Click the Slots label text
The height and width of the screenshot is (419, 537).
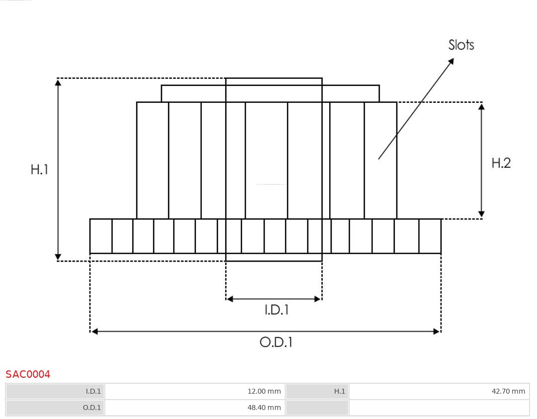(x=461, y=45)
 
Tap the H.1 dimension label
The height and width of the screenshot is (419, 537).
(x=39, y=169)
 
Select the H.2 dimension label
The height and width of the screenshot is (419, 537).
(x=501, y=163)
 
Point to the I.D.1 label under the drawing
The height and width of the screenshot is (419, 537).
(x=276, y=310)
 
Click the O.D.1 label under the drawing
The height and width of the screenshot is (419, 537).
(x=276, y=342)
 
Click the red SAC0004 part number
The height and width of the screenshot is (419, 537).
(x=28, y=374)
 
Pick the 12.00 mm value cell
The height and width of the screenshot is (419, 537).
(x=264, y=391)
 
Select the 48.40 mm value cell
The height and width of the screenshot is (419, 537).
(x=264, y=408)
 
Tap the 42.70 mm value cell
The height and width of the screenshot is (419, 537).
(x=508, y=391)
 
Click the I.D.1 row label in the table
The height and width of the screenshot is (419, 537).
(x=93, y=391)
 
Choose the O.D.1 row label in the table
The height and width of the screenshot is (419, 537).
(x=92, y=408)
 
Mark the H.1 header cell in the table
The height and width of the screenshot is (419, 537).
(x=340, y=391)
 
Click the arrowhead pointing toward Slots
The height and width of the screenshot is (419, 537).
(x=450, y=62)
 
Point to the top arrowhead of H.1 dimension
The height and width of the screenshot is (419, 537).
(x=58, y=82)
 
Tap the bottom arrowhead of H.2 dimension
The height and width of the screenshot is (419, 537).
(x=481, y=214)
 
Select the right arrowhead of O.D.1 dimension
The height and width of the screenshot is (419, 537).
(x=437, y=331)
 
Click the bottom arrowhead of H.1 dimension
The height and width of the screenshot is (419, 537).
(x=58, y=257)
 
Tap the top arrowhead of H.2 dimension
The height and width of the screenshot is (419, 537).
(x=481, y=107)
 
